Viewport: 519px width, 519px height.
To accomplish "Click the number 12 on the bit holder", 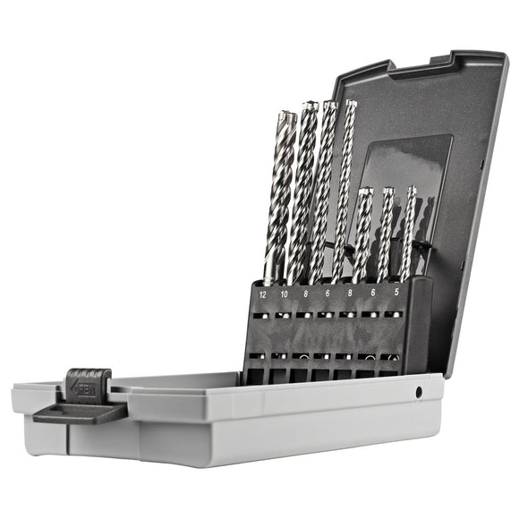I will pos(262,294).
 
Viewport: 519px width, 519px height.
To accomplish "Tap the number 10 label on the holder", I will pos(284,294).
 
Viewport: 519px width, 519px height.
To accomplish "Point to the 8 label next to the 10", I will pos(305,293).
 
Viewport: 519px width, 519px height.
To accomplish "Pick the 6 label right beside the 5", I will pos(373,292).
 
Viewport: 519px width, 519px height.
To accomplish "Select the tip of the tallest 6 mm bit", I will pos(351,104).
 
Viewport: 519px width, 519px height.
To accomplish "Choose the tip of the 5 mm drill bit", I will pos(412,189).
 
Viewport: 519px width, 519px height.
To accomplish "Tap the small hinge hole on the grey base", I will pos(419,392).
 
